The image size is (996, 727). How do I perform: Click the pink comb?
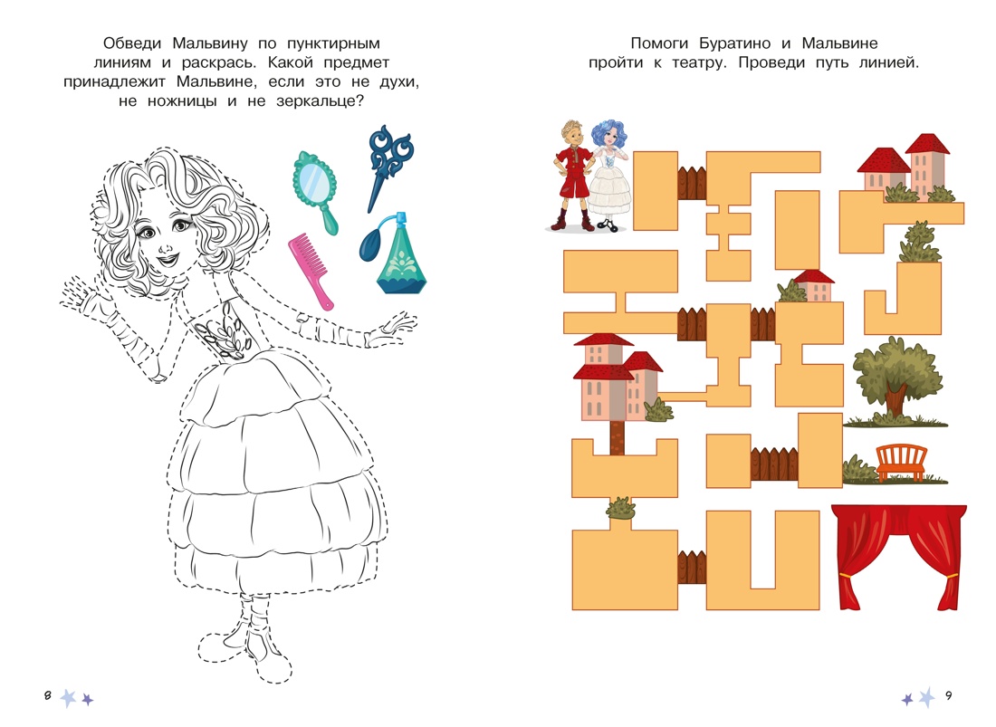click(309, 268)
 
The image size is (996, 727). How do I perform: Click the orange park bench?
click(901, 463)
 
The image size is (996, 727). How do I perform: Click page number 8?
click(47, 695)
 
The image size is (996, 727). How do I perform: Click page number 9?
click(948, 695)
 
